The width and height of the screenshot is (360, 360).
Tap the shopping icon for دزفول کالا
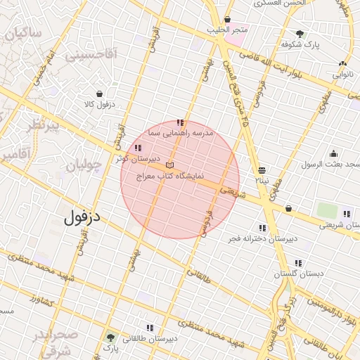pyautogui.click(x=98, y=94)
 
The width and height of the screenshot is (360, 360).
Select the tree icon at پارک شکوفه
pyautogui.click(x=300, y=34)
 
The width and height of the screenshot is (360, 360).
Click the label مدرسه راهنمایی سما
pyautogui.click(x=181, y=132)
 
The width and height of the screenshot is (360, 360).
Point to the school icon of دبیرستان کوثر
pyautogui.click(x=136, y=148)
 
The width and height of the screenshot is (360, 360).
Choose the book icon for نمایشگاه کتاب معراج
pyautogui.click(x=169, y=165)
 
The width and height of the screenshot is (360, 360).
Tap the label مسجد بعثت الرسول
pyautogui.click(x=331, y=165)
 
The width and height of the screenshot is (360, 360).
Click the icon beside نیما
pyautogui.click(x=262, y=170)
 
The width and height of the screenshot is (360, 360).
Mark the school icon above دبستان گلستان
pyautogui.click(x=298, y=263)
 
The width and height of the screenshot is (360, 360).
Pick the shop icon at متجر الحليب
pyautogui.click(x=227, y=20)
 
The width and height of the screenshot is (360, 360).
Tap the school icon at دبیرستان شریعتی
pyautogui.click(x=346, y=214)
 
